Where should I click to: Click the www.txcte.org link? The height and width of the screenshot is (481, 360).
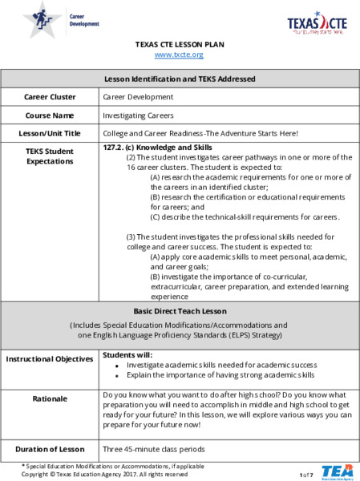180,55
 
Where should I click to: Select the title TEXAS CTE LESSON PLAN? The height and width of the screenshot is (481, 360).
180,44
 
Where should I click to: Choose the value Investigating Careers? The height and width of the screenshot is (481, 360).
137,115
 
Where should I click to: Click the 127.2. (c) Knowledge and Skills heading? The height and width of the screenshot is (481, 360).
158,148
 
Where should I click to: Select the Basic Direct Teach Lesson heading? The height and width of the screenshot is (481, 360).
180,310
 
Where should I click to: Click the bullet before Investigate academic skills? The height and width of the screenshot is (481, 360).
117,366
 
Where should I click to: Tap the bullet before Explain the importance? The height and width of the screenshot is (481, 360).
117,375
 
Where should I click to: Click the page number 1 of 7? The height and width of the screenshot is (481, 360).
306,475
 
